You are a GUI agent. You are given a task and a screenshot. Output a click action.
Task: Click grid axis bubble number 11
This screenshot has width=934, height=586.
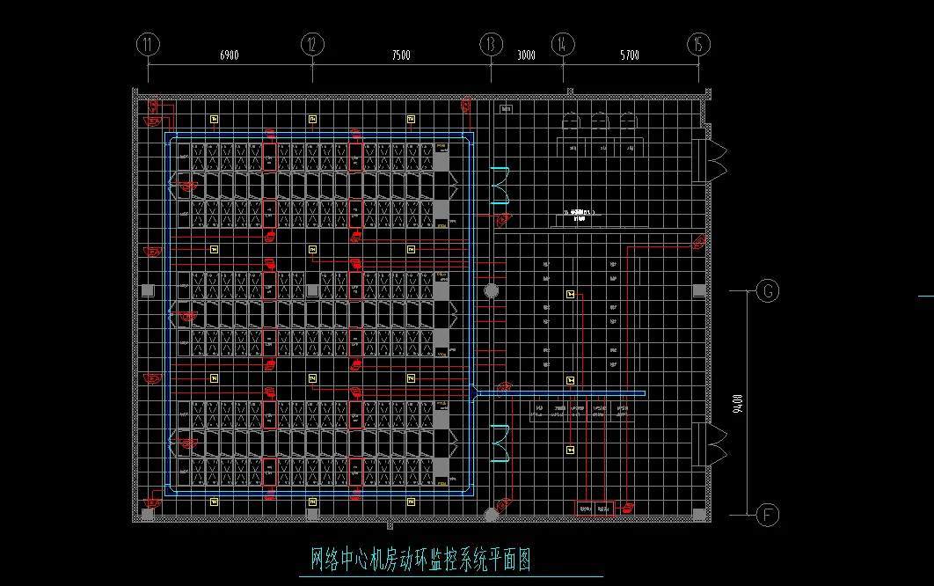click(148, 44)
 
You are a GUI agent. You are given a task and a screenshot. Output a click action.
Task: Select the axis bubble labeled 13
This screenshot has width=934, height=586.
click(491, 44)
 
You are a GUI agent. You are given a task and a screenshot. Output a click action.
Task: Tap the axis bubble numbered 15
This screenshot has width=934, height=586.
click(698, 44)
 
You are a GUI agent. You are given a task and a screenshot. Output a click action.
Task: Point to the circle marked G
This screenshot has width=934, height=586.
click(768, 290)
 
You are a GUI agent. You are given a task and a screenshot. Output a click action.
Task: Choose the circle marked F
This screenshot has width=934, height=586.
click(768, 514)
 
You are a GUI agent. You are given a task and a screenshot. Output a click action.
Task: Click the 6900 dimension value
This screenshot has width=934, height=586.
click(229, 55)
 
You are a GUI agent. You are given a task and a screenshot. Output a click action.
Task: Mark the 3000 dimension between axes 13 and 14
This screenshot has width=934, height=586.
click(526, 55)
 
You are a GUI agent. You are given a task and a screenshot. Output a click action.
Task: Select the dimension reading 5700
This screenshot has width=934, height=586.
click(630, 55)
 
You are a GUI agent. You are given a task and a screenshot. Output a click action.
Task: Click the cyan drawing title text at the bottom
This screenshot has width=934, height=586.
click(421, 560)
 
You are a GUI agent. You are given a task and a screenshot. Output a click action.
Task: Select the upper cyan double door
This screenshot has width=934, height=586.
click(500, 182)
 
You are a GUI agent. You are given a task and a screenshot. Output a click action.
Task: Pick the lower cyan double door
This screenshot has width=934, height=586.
click(500, 443)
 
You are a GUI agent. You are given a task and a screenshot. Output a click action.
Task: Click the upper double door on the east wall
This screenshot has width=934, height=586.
click(711, 160)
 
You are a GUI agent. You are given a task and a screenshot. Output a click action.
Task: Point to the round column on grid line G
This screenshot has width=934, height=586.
click(492, 290)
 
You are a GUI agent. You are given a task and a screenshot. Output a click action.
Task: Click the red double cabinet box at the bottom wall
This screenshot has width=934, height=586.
click(595, 508)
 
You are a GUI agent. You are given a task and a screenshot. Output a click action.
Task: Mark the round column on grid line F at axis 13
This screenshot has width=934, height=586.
click(492, 513)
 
